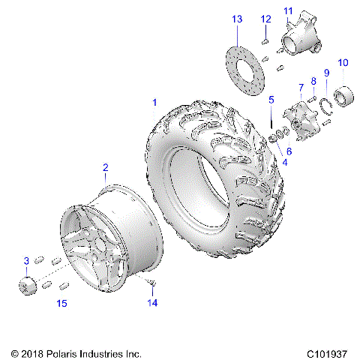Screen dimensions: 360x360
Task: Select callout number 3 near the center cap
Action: click(26, 260)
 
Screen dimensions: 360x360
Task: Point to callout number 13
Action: click(237, 18)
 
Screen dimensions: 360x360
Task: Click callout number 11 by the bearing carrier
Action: click(288, 10)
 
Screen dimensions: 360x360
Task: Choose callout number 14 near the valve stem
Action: click(153, 303)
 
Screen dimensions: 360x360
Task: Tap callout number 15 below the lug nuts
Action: click(62, 303)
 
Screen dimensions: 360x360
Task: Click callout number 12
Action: click(265, 19)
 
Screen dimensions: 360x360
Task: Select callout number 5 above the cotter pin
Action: click(271, 99)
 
